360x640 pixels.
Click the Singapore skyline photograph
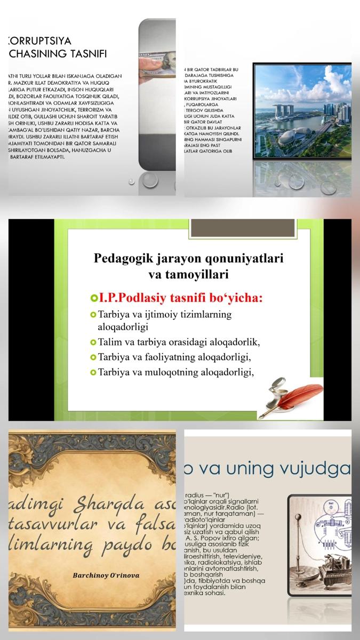tap(302, 111)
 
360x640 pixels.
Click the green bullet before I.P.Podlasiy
tap(94, 298)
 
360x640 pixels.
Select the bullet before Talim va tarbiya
tap(94, 342)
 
